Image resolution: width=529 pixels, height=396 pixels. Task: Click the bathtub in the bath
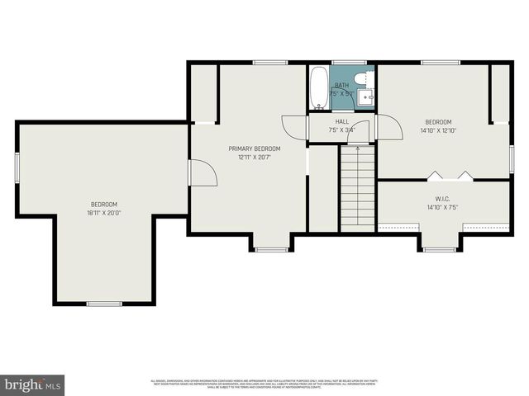click(318, 88)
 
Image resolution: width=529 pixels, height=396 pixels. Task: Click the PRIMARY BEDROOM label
click(255, 148)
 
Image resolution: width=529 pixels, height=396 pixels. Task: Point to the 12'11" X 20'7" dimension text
click(255, 157)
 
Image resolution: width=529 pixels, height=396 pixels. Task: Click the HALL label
click(341, 121)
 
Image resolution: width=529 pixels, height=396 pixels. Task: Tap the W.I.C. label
click(442, 199)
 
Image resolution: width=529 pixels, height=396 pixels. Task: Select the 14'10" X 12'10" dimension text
click(438, 130)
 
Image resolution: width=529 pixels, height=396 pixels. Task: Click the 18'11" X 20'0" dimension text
click(104, 212)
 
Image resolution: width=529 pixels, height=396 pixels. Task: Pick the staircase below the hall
click(358, 186)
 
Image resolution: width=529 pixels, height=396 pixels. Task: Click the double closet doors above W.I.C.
click(450, 175)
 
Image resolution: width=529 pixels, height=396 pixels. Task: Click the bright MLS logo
click(33, 384)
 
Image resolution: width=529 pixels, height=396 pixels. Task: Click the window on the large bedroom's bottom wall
click(104, 304)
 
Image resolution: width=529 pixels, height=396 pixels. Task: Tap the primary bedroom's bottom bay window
click(270, 248)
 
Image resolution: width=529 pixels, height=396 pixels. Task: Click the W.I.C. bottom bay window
click(440, 248)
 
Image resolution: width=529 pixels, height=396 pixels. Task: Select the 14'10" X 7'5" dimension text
click(442, 208)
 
